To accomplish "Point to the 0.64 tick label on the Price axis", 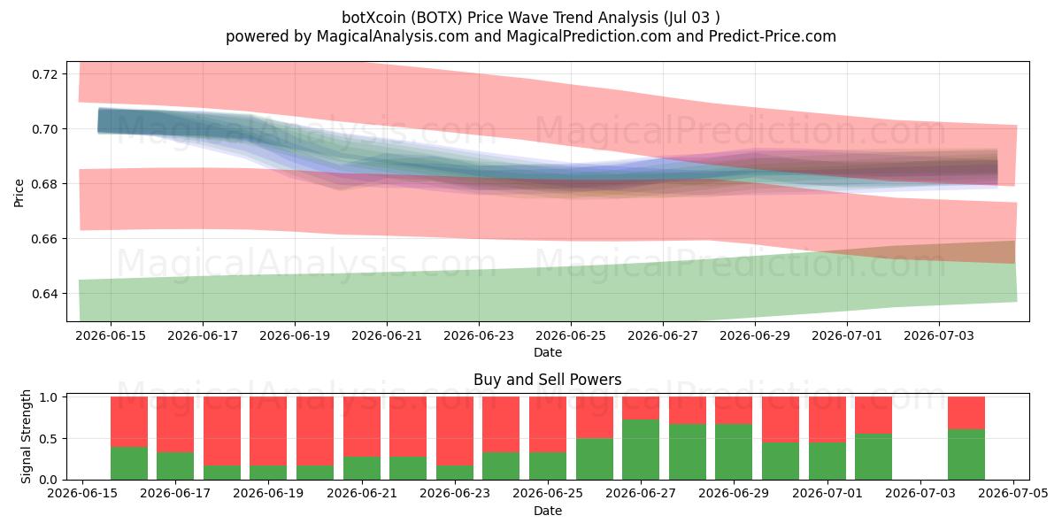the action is pos(45,294).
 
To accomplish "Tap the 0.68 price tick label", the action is pos(45,184).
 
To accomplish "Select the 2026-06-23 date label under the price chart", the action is pos(479,335).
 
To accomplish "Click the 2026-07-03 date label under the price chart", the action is pos(939,335).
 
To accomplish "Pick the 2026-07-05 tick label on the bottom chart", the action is pos(1013,494).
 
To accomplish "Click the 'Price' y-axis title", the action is pos(19,193).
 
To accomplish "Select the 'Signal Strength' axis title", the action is pos(26,436).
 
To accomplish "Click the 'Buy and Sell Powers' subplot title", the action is pos(548,380).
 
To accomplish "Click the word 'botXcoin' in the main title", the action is pos(373,18).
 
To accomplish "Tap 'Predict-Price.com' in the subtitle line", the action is pos(773,36).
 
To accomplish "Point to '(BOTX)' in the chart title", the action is pos(436,18).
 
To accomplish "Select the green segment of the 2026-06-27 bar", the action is pos(641,450).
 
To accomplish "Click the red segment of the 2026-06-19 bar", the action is pos(268,431).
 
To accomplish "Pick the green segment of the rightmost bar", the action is pos(966,455).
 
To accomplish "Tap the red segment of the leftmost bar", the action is pos(129,422).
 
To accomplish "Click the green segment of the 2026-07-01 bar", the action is pos(827,461).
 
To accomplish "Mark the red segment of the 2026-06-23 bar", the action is pos(455,431).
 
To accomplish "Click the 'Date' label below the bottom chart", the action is pos(548,512).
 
